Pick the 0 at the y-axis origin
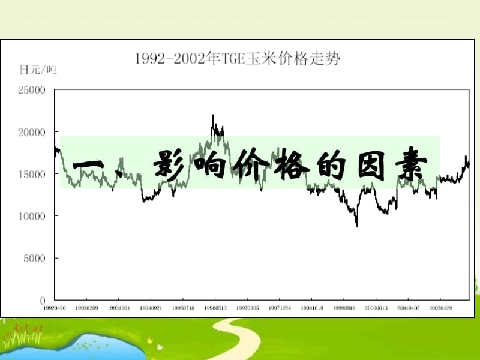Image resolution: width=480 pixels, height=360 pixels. click(x=43, y=300)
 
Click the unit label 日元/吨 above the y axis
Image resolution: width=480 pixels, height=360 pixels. click(x=38, y=70)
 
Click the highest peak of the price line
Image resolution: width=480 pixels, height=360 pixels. click(x=212, y=115)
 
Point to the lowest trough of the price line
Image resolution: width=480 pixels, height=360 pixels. click(x=357, y=226)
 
